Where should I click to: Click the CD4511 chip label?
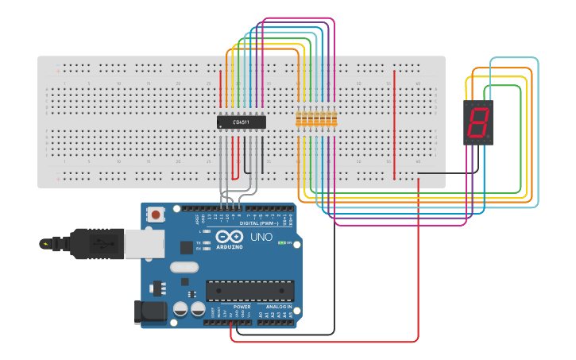pos(241,122)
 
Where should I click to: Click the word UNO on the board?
pos(261,237)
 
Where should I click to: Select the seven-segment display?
pos(478,122)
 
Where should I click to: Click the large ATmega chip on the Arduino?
pos(249,291)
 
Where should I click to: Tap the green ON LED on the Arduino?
pos(282,242)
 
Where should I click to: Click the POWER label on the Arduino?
pos(242,307)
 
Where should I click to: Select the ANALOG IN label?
pos(278,307)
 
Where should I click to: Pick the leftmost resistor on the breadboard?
pos(300,119)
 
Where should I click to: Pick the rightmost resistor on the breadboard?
pos(334,119)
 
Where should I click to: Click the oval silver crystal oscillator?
pos(184,268)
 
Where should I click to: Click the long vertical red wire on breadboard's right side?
pos(393,123)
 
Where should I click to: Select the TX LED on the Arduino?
pos(207,242)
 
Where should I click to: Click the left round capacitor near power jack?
pos(181,308)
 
